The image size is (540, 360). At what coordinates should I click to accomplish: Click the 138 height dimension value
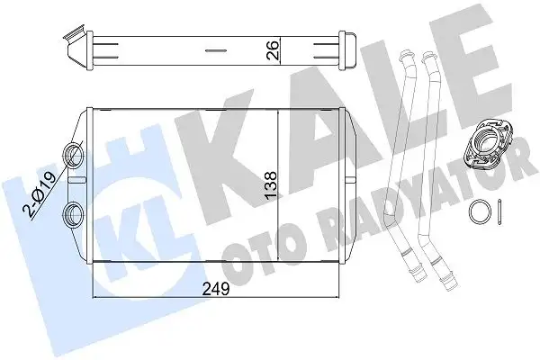(270, 184)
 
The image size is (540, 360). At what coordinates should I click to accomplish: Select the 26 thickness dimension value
(273, 50)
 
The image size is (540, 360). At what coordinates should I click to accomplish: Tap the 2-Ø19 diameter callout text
(41, 194)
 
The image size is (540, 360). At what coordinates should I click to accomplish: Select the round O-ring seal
(480, 211)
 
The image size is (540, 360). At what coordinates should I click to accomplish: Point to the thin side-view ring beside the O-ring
(499, 212)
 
